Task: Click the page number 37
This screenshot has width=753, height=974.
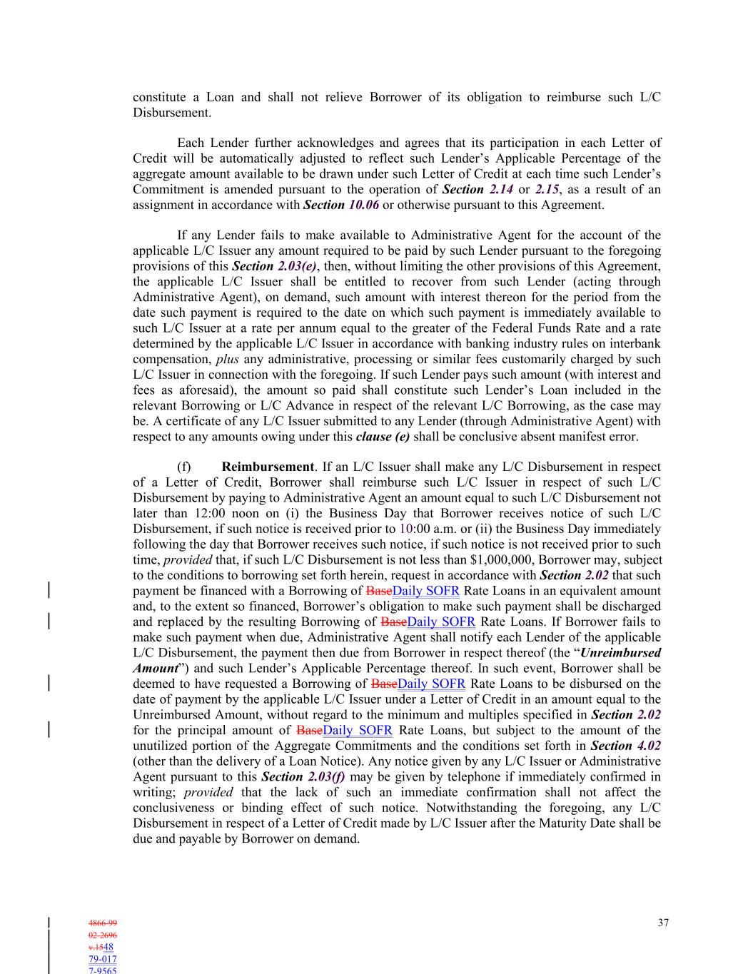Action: [663, 923]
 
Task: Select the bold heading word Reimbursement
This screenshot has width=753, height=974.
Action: [268, 467]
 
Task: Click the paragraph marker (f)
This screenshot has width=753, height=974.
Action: [184, 467]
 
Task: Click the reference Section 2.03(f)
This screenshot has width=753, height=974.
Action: [303, 776]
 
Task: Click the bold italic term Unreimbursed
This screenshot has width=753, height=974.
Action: [621, 652]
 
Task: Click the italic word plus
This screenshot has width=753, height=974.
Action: [227, 359]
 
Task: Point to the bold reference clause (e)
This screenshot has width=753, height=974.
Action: [383, 437]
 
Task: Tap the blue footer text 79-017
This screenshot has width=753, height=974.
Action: [103, 959]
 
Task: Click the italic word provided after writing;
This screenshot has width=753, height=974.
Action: [208, 792]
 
